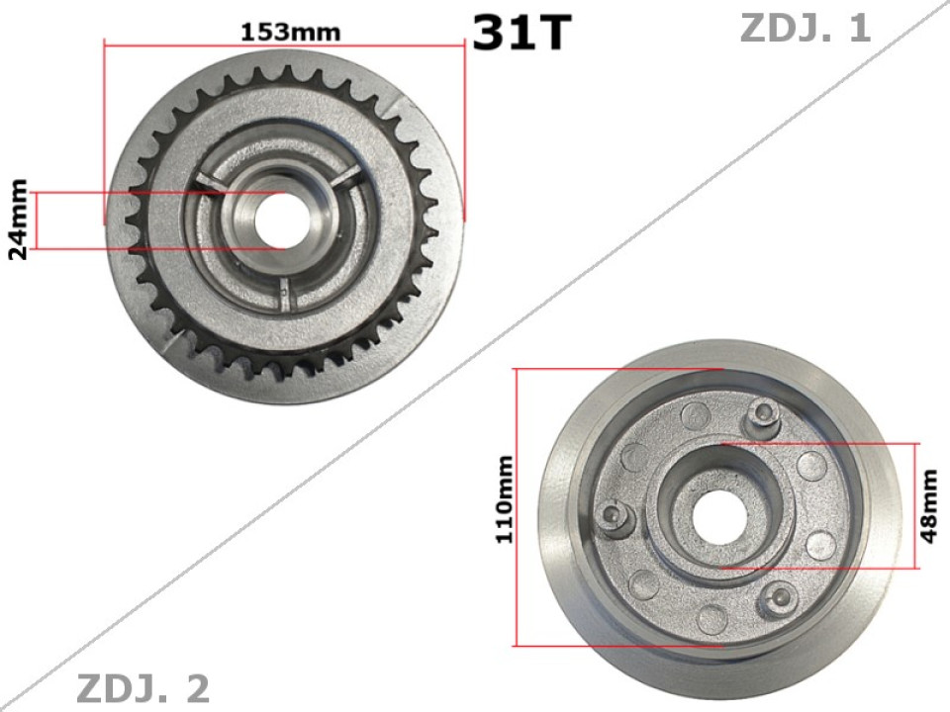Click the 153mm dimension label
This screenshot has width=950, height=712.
(x=290, y=32)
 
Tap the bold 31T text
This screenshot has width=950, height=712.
(x=522, y=34)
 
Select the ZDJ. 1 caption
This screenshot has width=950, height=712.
(x=805, y=29)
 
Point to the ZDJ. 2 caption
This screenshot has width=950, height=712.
(x=142, y=689)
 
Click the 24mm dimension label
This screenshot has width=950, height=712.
(x=18, y=220)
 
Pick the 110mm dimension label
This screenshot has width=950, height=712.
(x=505, y=498)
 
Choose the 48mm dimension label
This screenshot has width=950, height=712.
(x=929, y=506)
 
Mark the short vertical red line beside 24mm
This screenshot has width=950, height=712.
(x=37, y=221)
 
